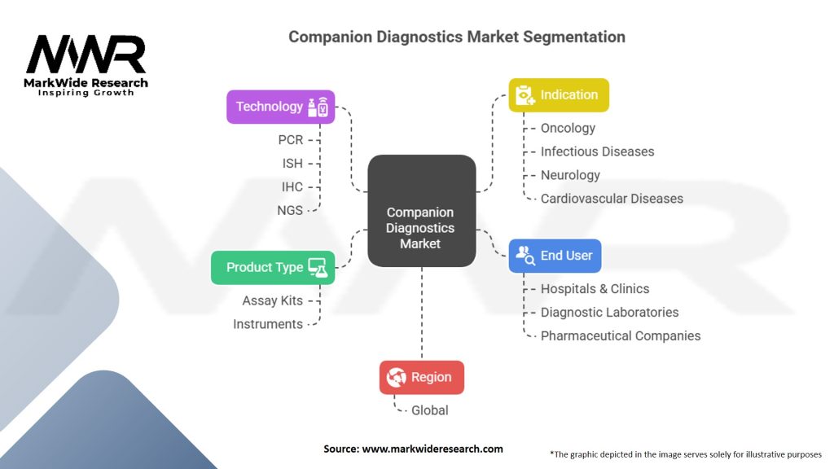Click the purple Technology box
(280, 107)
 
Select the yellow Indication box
(559, 95)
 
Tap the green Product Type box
(272, 267)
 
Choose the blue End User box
(555, 256)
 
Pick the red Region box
(421, 377)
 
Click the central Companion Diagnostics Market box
(421, 211)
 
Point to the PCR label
(290, 140)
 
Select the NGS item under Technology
(289, 210)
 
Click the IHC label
(292, 186)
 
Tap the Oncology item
(568, 128)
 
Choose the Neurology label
(570, 175)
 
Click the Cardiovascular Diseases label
(612, 198)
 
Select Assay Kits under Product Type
(272, 300)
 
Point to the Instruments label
(268, 324)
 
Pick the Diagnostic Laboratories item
(609, 312)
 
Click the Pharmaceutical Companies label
(620, 335)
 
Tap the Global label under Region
(429, 410)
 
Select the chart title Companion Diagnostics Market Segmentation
(457, 37)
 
